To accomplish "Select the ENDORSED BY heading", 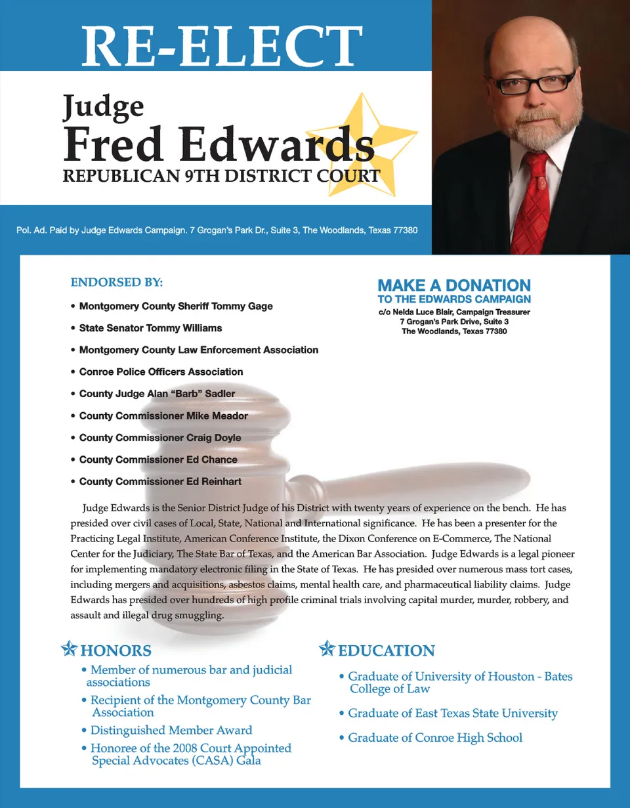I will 116,283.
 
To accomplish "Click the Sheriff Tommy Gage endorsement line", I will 175,306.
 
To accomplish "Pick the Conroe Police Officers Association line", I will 161,372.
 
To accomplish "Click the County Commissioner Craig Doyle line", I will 159,438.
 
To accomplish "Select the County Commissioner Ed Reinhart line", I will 160,482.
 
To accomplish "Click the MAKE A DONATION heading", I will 454,286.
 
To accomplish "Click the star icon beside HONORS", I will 68,650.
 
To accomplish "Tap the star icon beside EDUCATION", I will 327,650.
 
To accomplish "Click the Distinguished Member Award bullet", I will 171,730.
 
